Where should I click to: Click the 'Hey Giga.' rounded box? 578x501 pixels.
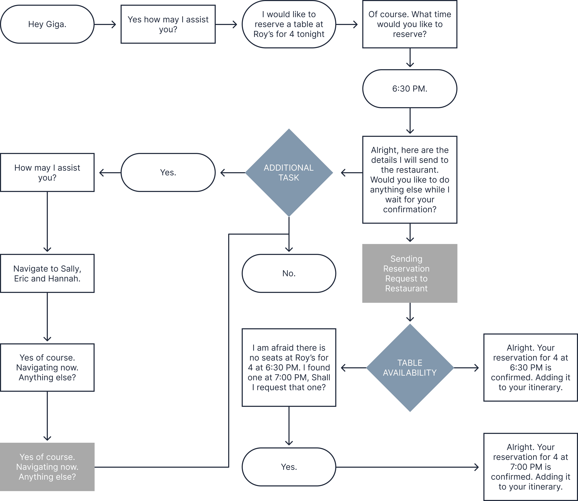[x=47, y=24]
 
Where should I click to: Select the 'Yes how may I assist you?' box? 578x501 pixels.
[x=168, y=24]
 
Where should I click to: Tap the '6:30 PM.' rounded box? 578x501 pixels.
[x=410, y=89]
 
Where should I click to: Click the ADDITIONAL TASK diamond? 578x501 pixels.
[x=289, y=173]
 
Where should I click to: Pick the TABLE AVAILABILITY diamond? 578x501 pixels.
[x=410, y=368]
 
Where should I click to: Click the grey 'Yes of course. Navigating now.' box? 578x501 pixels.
[x=47, y=467]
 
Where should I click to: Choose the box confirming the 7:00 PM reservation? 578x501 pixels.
[x=531, y=467]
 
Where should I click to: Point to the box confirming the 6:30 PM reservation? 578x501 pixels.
[x=531, y=367]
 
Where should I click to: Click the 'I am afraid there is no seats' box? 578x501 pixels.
[x=289, y=367]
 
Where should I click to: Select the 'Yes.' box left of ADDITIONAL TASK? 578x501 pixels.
[x=168, y=173]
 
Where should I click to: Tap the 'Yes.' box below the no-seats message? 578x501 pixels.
[x=289, y=467]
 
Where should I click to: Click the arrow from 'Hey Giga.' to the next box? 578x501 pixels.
[x=105, y=24]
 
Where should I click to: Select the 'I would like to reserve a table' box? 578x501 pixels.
[x=289, y=24]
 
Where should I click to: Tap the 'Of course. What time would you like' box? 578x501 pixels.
[x=410, y=24]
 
